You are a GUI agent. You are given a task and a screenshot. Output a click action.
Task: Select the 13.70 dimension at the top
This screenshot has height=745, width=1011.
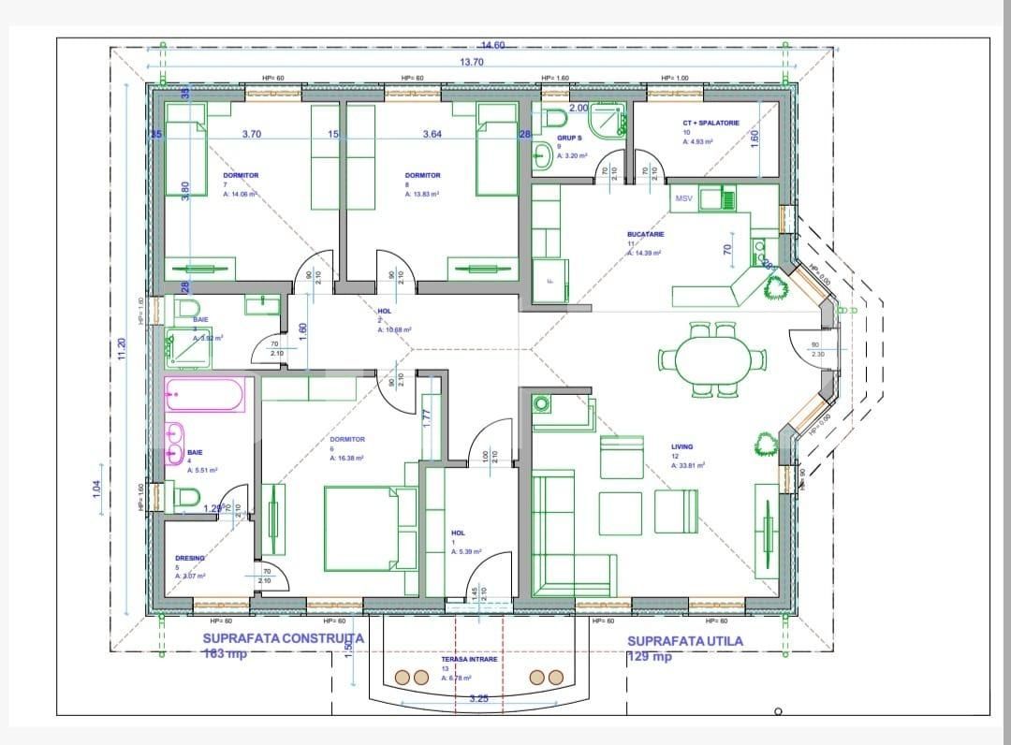(x=472, y=62)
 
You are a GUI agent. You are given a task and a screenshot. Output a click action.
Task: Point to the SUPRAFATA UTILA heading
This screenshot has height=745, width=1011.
(x=684, y=641)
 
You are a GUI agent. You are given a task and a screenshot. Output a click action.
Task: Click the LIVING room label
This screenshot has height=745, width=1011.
(x=681, y=447)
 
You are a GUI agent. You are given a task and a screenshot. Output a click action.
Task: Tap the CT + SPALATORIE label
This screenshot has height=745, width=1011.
(x=711, y=123)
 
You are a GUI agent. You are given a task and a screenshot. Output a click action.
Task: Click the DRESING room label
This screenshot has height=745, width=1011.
(x=189, y=558)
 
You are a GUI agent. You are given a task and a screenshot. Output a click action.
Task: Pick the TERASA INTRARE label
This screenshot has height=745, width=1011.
(x=470, y=659)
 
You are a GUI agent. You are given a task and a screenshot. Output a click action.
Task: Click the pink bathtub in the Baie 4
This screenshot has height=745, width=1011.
(x=205, y=395)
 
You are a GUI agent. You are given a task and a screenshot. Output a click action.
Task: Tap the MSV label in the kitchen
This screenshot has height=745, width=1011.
(x=684, y=198)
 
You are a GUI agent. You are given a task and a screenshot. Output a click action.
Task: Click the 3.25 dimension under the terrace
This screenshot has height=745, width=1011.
(x=478, y=698)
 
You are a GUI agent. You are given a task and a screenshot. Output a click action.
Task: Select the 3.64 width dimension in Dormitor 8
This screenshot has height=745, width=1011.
(x=432, y=135)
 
